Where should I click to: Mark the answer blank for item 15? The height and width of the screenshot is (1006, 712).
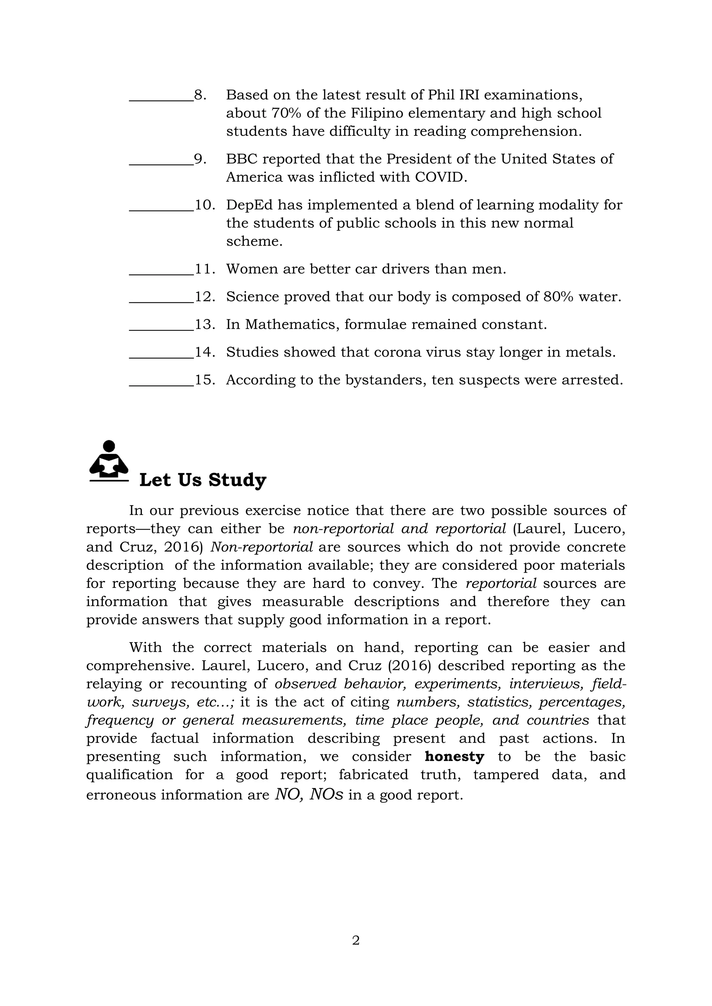(161, 382)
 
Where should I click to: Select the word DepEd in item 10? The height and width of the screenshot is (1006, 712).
(248, 205)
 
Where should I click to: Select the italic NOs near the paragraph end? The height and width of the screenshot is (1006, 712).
(326, 794)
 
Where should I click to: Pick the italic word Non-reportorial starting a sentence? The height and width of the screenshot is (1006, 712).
(262, 547)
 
